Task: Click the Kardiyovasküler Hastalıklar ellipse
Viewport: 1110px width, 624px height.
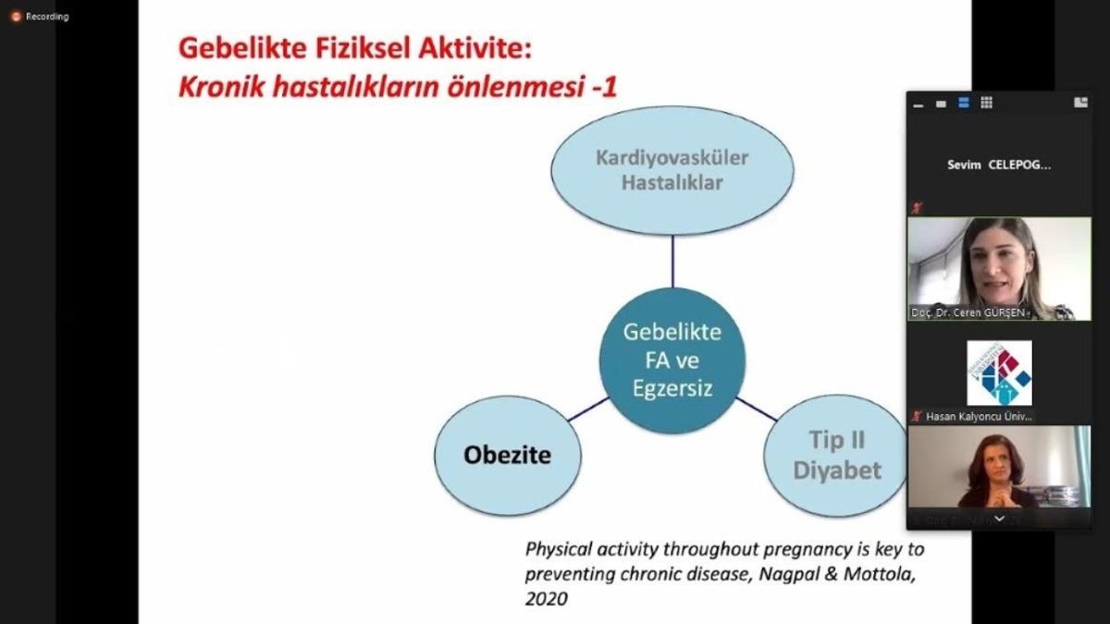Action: pyautogui.click(x=672, y=170)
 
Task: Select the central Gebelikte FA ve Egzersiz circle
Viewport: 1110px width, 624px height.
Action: pyautogui.click(x=672, y=360)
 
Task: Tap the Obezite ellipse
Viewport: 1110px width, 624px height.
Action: pyautogui.click(x=507, y=455)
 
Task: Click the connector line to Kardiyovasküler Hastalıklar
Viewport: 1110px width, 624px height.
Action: pyautogui.click(x=672, y=261)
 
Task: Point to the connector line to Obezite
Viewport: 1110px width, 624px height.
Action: pyautogui.click(x=588, y=410)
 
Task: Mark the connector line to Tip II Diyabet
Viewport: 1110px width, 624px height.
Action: pyautogui.click(x=757, y=409)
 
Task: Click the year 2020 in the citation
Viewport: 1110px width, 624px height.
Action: pyautogui.click(x=546, y=598)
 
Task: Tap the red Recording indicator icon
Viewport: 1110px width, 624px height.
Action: pyautogui.click(x=16, y=16)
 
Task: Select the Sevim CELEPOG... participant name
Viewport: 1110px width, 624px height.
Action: pyautogui.click(x=998, y=165)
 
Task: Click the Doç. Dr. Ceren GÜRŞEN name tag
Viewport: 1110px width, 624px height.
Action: pyautogui.click(x=968, y=313)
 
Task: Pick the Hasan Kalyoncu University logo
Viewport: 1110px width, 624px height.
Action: pyautogui.click(x=999, y=373)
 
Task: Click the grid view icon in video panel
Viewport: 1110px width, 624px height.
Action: pyautogui.click(x=986, y=103)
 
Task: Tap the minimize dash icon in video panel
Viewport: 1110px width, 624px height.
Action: pyautogui.click(x=918, y=104)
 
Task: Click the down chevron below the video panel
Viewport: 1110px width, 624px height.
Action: pyautogui.click(x=999, y=519)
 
